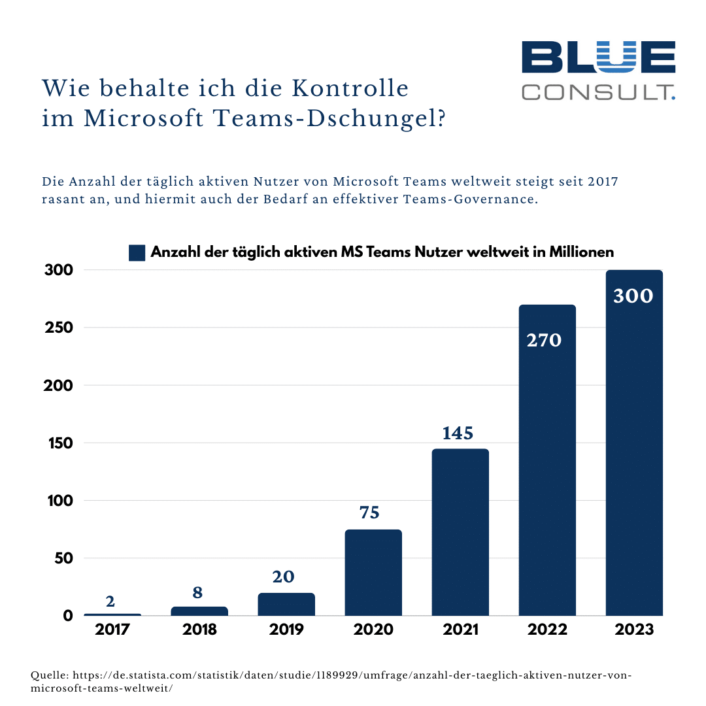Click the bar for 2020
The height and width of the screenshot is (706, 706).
pos(373,573)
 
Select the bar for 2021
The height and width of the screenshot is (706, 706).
pos(460,532)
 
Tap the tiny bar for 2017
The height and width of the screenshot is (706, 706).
pos(112,614)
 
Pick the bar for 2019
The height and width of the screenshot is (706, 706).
pos(286,605)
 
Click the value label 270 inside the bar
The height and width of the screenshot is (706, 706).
pos(545,340)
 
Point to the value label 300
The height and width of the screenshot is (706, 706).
pos(633,296)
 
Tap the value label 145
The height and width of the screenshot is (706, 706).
pos(458,433)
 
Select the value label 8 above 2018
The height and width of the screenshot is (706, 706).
pos(197,593)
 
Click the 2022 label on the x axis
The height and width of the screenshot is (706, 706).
pos(546,630)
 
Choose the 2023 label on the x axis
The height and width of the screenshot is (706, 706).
pos(634,630)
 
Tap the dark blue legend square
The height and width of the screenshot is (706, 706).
pos(137,253)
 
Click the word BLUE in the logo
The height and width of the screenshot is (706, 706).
pos(598,57)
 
